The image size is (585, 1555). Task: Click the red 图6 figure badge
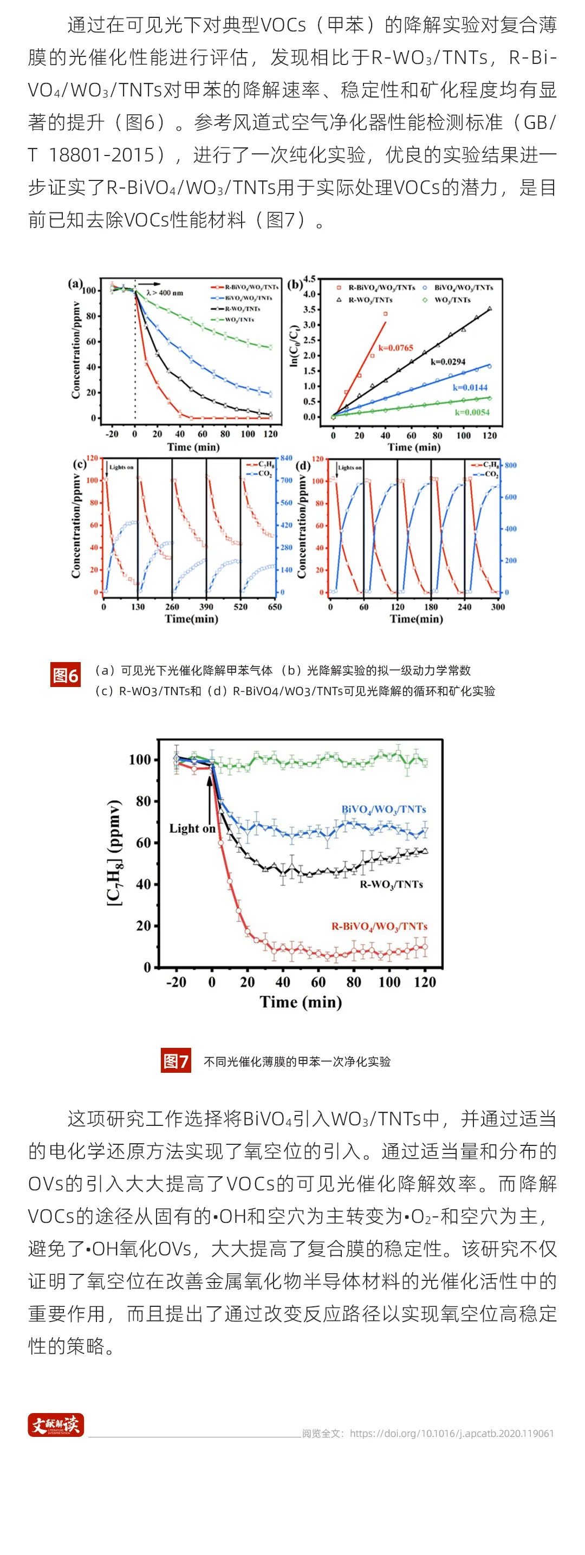coord(66,675)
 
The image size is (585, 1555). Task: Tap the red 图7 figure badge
coord(176,1061)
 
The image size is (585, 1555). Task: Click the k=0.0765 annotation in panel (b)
coord(396,348)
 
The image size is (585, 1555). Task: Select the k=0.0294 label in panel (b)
coord(448,361)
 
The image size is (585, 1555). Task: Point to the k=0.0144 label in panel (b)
coord(470,387)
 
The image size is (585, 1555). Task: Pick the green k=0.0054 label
coord(473,412)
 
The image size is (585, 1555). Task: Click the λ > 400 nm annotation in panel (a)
coord(165,293)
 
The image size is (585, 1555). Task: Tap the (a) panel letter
coord(75,283)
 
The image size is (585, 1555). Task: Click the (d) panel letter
coord(303,465)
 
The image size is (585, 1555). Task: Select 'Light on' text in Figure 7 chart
coord(192,828)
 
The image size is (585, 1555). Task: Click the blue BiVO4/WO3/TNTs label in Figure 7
coord(383,809)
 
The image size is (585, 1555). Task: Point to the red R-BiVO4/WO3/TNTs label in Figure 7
coord(379,926)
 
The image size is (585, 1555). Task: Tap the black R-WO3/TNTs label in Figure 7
coord(391,884)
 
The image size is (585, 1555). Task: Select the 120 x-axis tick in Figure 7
coord(425,982)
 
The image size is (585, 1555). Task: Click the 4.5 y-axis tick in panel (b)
coord(310,279)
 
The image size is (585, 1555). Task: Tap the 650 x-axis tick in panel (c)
coord(275,607)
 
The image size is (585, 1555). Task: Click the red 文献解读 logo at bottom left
coord(56,1426)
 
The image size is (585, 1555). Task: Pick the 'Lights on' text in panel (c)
coord(121,467)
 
